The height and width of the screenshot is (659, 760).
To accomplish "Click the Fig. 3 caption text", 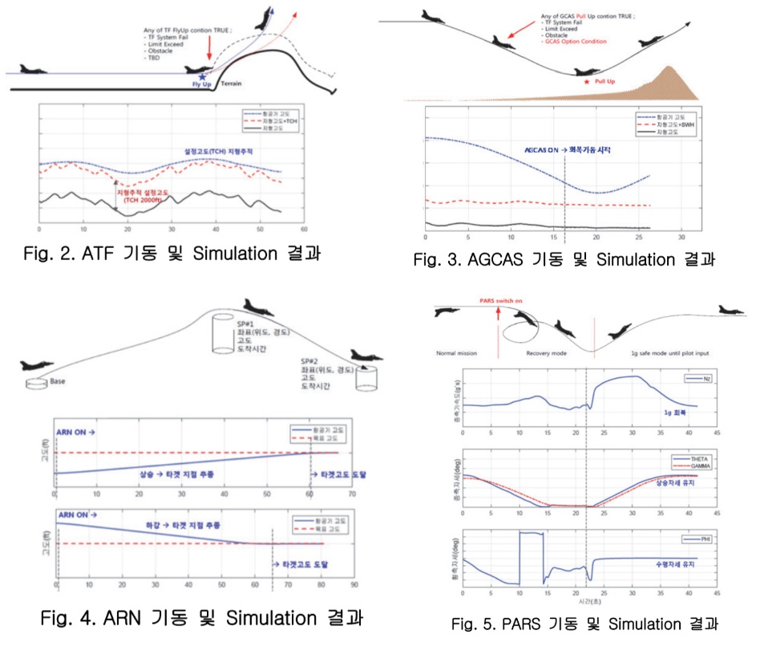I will coord(564,260).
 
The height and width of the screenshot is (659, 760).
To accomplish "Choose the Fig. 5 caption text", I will coord(584,624).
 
